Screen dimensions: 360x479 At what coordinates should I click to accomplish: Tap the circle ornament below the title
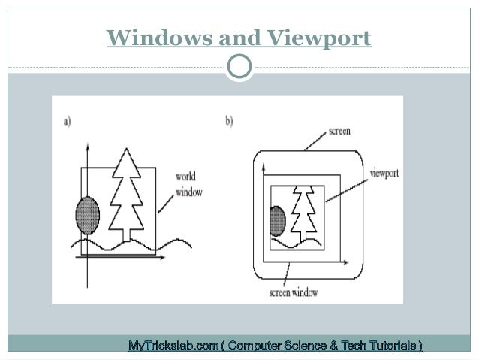pyautogui.click(x=239, y=67)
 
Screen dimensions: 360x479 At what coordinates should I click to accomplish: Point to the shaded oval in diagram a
pyautogui.click(x=88, y=216)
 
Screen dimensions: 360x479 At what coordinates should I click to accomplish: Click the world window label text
pyautogui.click(x=189, y=185)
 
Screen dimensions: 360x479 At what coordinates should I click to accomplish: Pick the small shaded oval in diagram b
pyautogui.click(x=278, y=222)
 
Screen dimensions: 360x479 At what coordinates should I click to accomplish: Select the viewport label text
pyautogui.click(x=384, y=173)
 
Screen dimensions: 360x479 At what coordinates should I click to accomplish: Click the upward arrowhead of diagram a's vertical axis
pyautogui.click(x=88, y=145)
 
